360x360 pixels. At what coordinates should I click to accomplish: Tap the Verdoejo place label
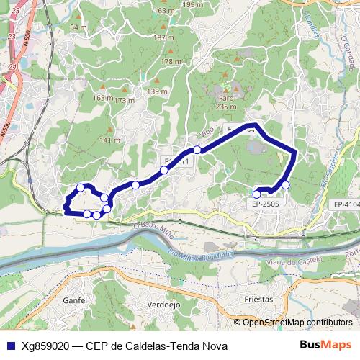coord(163,303)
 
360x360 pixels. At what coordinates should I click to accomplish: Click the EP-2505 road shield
coord(266,204)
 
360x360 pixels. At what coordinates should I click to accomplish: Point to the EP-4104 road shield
coord(346,204)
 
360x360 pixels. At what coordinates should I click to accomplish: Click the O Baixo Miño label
coord(154,230)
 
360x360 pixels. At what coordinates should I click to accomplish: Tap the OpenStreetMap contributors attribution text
coord(297,323)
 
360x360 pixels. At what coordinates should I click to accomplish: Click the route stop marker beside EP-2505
coord(257,193)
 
